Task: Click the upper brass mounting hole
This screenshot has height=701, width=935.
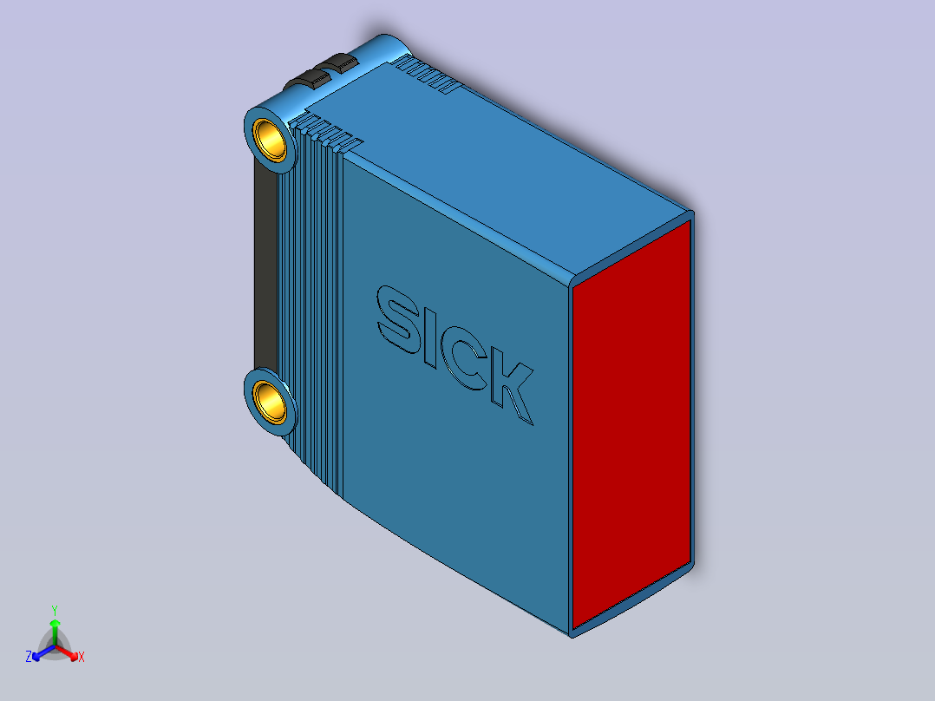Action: click(x=270, y=138)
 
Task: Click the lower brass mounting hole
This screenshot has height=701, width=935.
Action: click(x=270, y=401)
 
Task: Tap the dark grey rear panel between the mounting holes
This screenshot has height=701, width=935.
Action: click(x=264, y=269)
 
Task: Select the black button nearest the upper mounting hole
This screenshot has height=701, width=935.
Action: click(x=306, y=81)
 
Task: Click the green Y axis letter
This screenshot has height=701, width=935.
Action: click(x=54, y=610)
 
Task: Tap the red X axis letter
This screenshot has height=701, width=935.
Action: click(x=82, y=658)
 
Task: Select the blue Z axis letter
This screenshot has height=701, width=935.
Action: click(x=29, y=658)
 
